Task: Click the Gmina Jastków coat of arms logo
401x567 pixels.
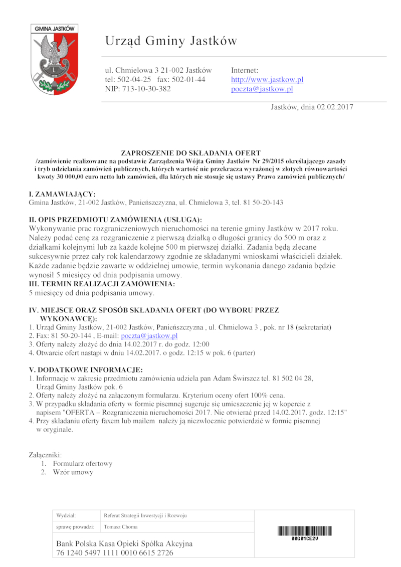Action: [x=52, y=60]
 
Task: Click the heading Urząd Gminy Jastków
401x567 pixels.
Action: [x=171, y=41]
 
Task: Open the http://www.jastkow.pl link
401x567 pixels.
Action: [x=267, y=80]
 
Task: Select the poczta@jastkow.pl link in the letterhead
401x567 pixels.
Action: [x=262, y=89]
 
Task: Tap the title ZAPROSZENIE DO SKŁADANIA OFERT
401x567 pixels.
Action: [x=191, y=152]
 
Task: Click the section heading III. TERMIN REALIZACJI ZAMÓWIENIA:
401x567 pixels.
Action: [x=102, y=284]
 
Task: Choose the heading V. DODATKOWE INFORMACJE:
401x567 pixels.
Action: [x=86, y=370]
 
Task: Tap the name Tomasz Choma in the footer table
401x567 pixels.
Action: [x=120, y=527]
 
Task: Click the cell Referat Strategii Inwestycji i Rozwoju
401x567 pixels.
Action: [x=145, y=515]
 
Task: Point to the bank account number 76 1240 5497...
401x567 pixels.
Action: [x=115, y=553]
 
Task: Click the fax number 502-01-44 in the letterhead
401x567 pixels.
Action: [x=188, y=80]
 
